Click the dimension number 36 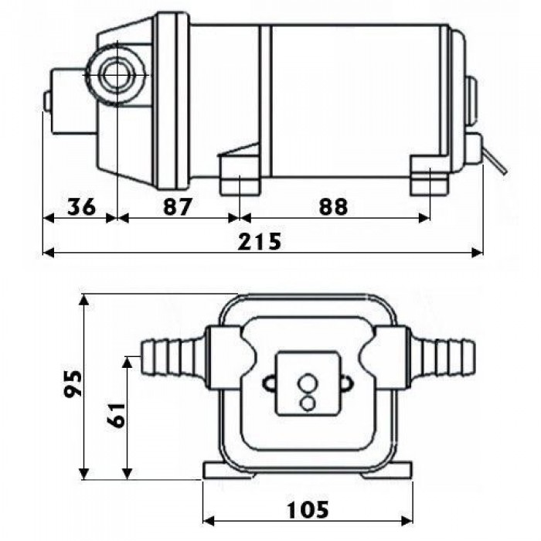81,207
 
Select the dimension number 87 177,207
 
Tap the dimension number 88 333,207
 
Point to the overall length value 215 260,241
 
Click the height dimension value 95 73,383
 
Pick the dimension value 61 116,415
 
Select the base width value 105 308,509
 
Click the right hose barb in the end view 441,359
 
